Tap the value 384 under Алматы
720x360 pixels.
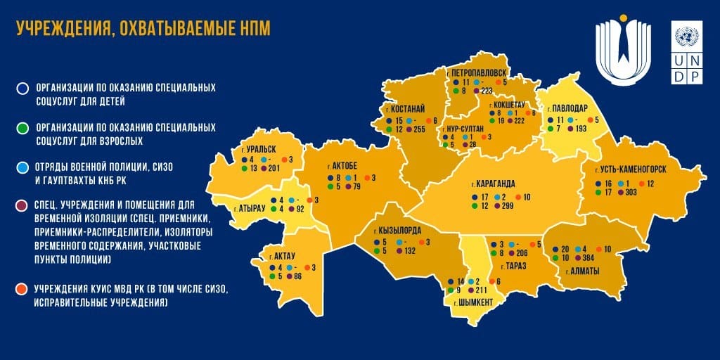pyautogui.click(x=589, y=259)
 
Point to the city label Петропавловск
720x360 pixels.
pyautogui.click(x=475, y=72)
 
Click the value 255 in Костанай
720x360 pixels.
pyautogui.click(x=420, y=130)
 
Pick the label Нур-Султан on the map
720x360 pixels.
pyautogui.click(x=463, y=130)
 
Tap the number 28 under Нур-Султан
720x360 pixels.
pyautogui.click(x=472, y=144)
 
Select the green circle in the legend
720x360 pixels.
pyautogui.click(x=23, y=128)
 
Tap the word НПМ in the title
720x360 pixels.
pyautogui.click(x=253, y=27)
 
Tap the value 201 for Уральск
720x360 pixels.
pyautogui.click(x=274, y=169)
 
